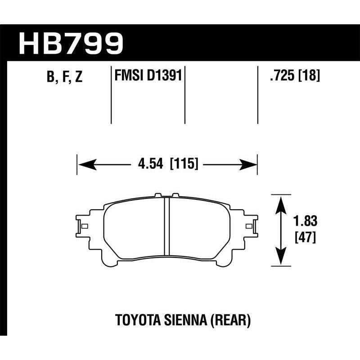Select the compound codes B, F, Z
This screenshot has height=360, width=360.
(64, 77)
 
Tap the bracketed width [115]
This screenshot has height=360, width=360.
(184, 164)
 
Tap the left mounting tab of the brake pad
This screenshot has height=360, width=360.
(81, 225)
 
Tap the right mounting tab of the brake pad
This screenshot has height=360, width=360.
(250, 225)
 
